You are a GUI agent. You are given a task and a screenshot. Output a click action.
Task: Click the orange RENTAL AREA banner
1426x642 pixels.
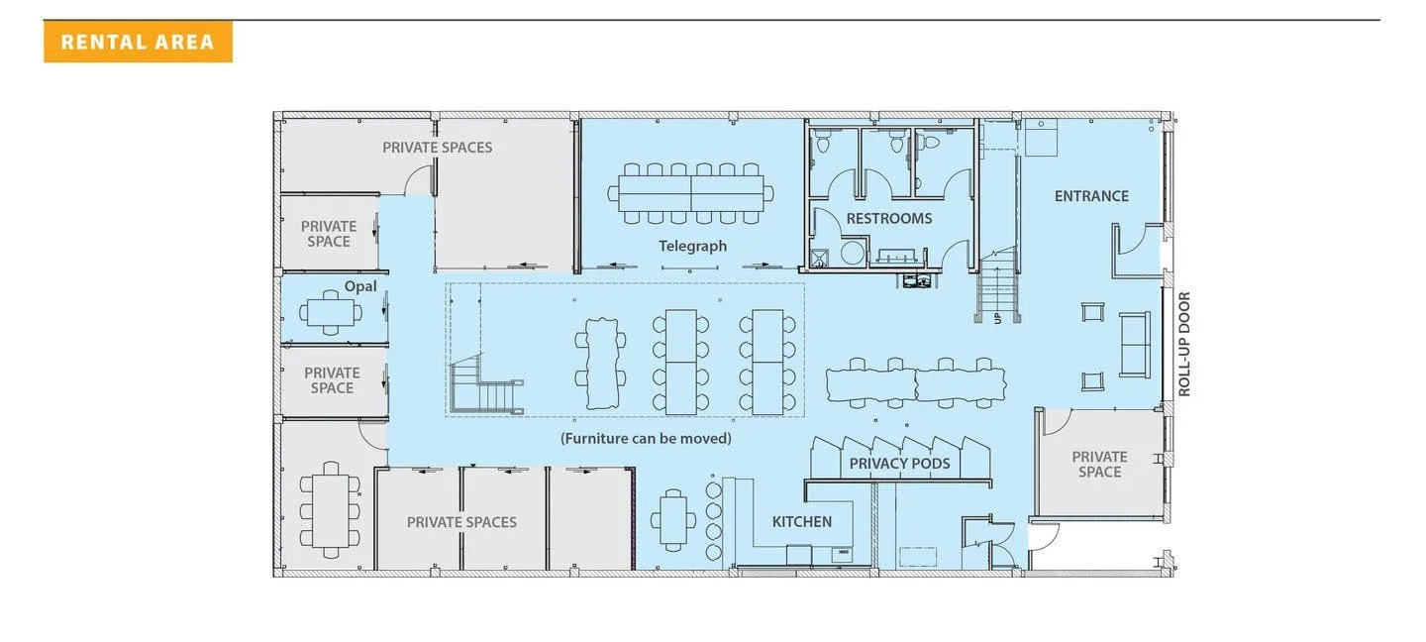138,42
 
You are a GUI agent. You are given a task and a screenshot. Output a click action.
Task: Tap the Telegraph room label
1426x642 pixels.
692,246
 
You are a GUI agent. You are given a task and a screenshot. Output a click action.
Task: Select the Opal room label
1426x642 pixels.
360,286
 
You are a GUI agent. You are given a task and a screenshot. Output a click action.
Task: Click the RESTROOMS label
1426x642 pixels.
888,218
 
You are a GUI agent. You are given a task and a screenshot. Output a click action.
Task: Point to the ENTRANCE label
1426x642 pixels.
1091,196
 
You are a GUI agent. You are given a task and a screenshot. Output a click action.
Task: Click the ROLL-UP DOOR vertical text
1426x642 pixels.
1184,344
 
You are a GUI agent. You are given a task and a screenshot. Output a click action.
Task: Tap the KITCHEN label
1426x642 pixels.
801,521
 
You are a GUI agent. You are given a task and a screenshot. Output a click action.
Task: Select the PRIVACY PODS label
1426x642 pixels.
899,464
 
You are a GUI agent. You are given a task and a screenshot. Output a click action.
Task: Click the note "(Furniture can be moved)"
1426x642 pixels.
646,438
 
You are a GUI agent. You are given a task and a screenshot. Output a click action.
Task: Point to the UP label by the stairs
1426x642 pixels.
997,318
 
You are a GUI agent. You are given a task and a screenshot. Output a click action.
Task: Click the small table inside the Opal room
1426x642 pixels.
331,313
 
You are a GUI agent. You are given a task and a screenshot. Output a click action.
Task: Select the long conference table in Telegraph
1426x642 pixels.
691,193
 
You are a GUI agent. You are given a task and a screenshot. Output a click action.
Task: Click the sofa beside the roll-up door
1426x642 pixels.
1135,344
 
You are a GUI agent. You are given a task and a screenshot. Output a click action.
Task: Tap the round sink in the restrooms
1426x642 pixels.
852,253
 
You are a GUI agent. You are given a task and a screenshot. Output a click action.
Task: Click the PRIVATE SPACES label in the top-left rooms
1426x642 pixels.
437,147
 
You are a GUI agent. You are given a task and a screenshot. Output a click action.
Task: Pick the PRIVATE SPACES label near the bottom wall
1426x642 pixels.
461,522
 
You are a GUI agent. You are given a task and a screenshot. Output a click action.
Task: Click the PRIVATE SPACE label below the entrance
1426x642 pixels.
1099,465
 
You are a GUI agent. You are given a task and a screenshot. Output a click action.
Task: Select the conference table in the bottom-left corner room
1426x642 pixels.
331,510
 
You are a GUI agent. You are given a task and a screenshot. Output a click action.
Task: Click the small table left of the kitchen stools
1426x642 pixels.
673,520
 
